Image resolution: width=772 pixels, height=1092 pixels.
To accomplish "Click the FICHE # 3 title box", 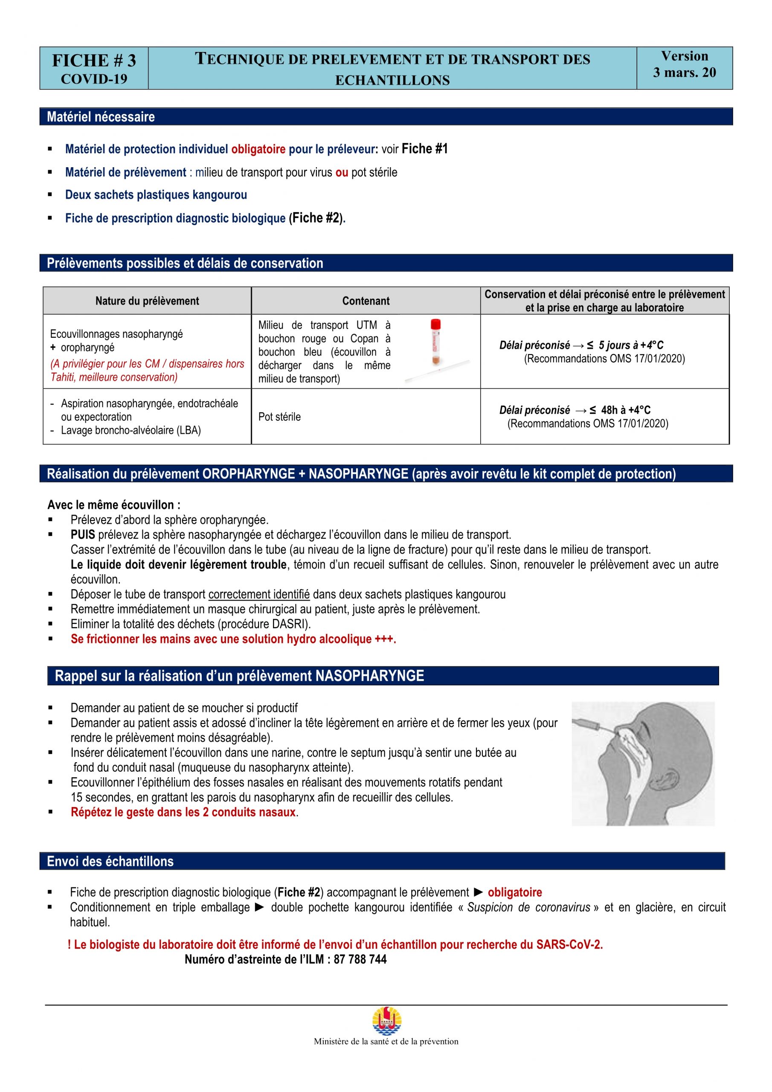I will pyautogui.click(x=94, y=68).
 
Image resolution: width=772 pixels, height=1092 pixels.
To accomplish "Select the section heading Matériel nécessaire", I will pyautogui.click(x=100, y=117).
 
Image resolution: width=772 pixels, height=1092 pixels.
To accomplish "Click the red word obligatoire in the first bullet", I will pyautogui.click(x=258, y=149).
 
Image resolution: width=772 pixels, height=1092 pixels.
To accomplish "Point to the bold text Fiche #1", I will pyautogui.click(x=424, y=149).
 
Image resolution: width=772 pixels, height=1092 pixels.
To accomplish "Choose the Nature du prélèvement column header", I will pyautogui.click(x=147, y=301).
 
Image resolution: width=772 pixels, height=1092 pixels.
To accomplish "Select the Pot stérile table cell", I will pyautogui.click(x=279, y=417).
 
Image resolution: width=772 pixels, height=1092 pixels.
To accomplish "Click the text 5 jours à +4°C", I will pyautogui.click(x=631, y=345).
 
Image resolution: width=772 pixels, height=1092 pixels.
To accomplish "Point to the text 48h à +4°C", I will pyautogui.click(x=626, y=410).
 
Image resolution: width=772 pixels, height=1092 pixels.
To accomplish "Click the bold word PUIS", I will pyautogui.click(x=83, y=534).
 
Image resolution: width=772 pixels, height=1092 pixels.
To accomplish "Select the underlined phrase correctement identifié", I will pyautogui.click(x=259, y=595).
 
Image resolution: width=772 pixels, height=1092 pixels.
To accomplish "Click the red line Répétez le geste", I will pyautogui.click(x=183, y=812).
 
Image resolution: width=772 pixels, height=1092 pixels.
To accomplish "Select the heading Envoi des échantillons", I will pyautogui.click(x=110, y=861).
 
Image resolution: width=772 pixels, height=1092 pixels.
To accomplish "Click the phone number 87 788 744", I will pyautogui.click(x=360, y=959).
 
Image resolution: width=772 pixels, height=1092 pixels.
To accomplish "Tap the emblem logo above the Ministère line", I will pyautogui.click(x=386, y=1020).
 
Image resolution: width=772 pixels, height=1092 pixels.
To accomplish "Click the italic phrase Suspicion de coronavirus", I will pyautogui.click(x=528, y=907).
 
